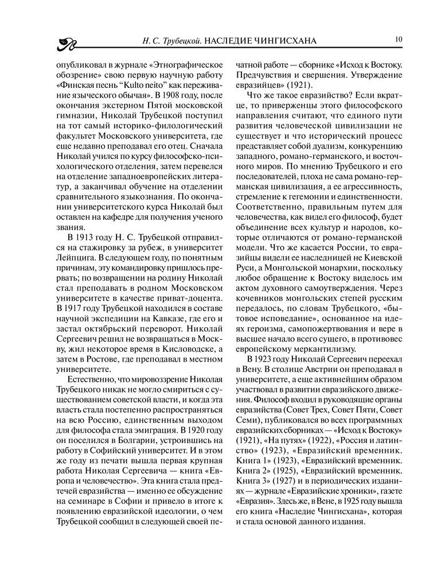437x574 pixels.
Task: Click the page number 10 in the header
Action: [x=398, y=39]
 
